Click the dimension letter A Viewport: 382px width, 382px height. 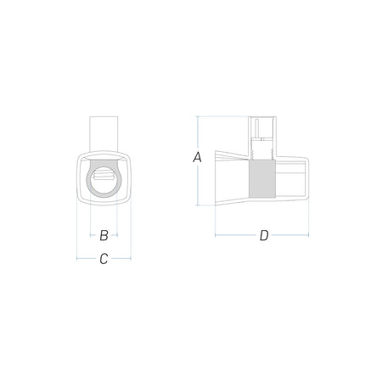pyautogui.click(x=197, y=157)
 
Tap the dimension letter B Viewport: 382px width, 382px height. pyautogui.click(x=104, y=235)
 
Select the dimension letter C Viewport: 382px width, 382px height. pyautogui.click(x=104, y=259)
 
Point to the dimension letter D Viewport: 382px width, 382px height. pyautogui.click(x=264, y=235)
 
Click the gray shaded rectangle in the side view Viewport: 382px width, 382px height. pyautogui.click(x=262, y=179)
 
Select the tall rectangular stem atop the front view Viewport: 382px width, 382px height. pyautogui.click(x=104, y=134)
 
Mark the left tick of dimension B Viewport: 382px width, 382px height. pyautogui.click(x=90, y=235)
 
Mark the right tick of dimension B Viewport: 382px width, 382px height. pyautogui.click(x=117, y=235)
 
